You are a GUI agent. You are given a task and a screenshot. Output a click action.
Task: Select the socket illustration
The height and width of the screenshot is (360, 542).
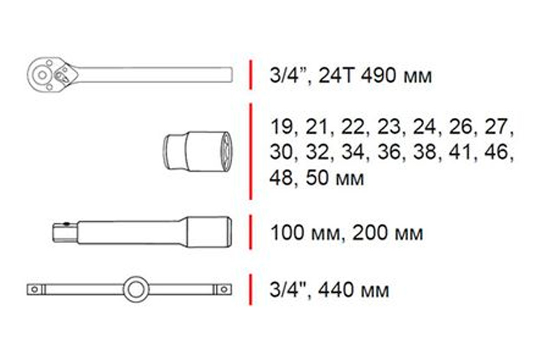point(198,152)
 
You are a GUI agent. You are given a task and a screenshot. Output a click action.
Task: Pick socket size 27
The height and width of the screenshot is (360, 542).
point(496,127)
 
